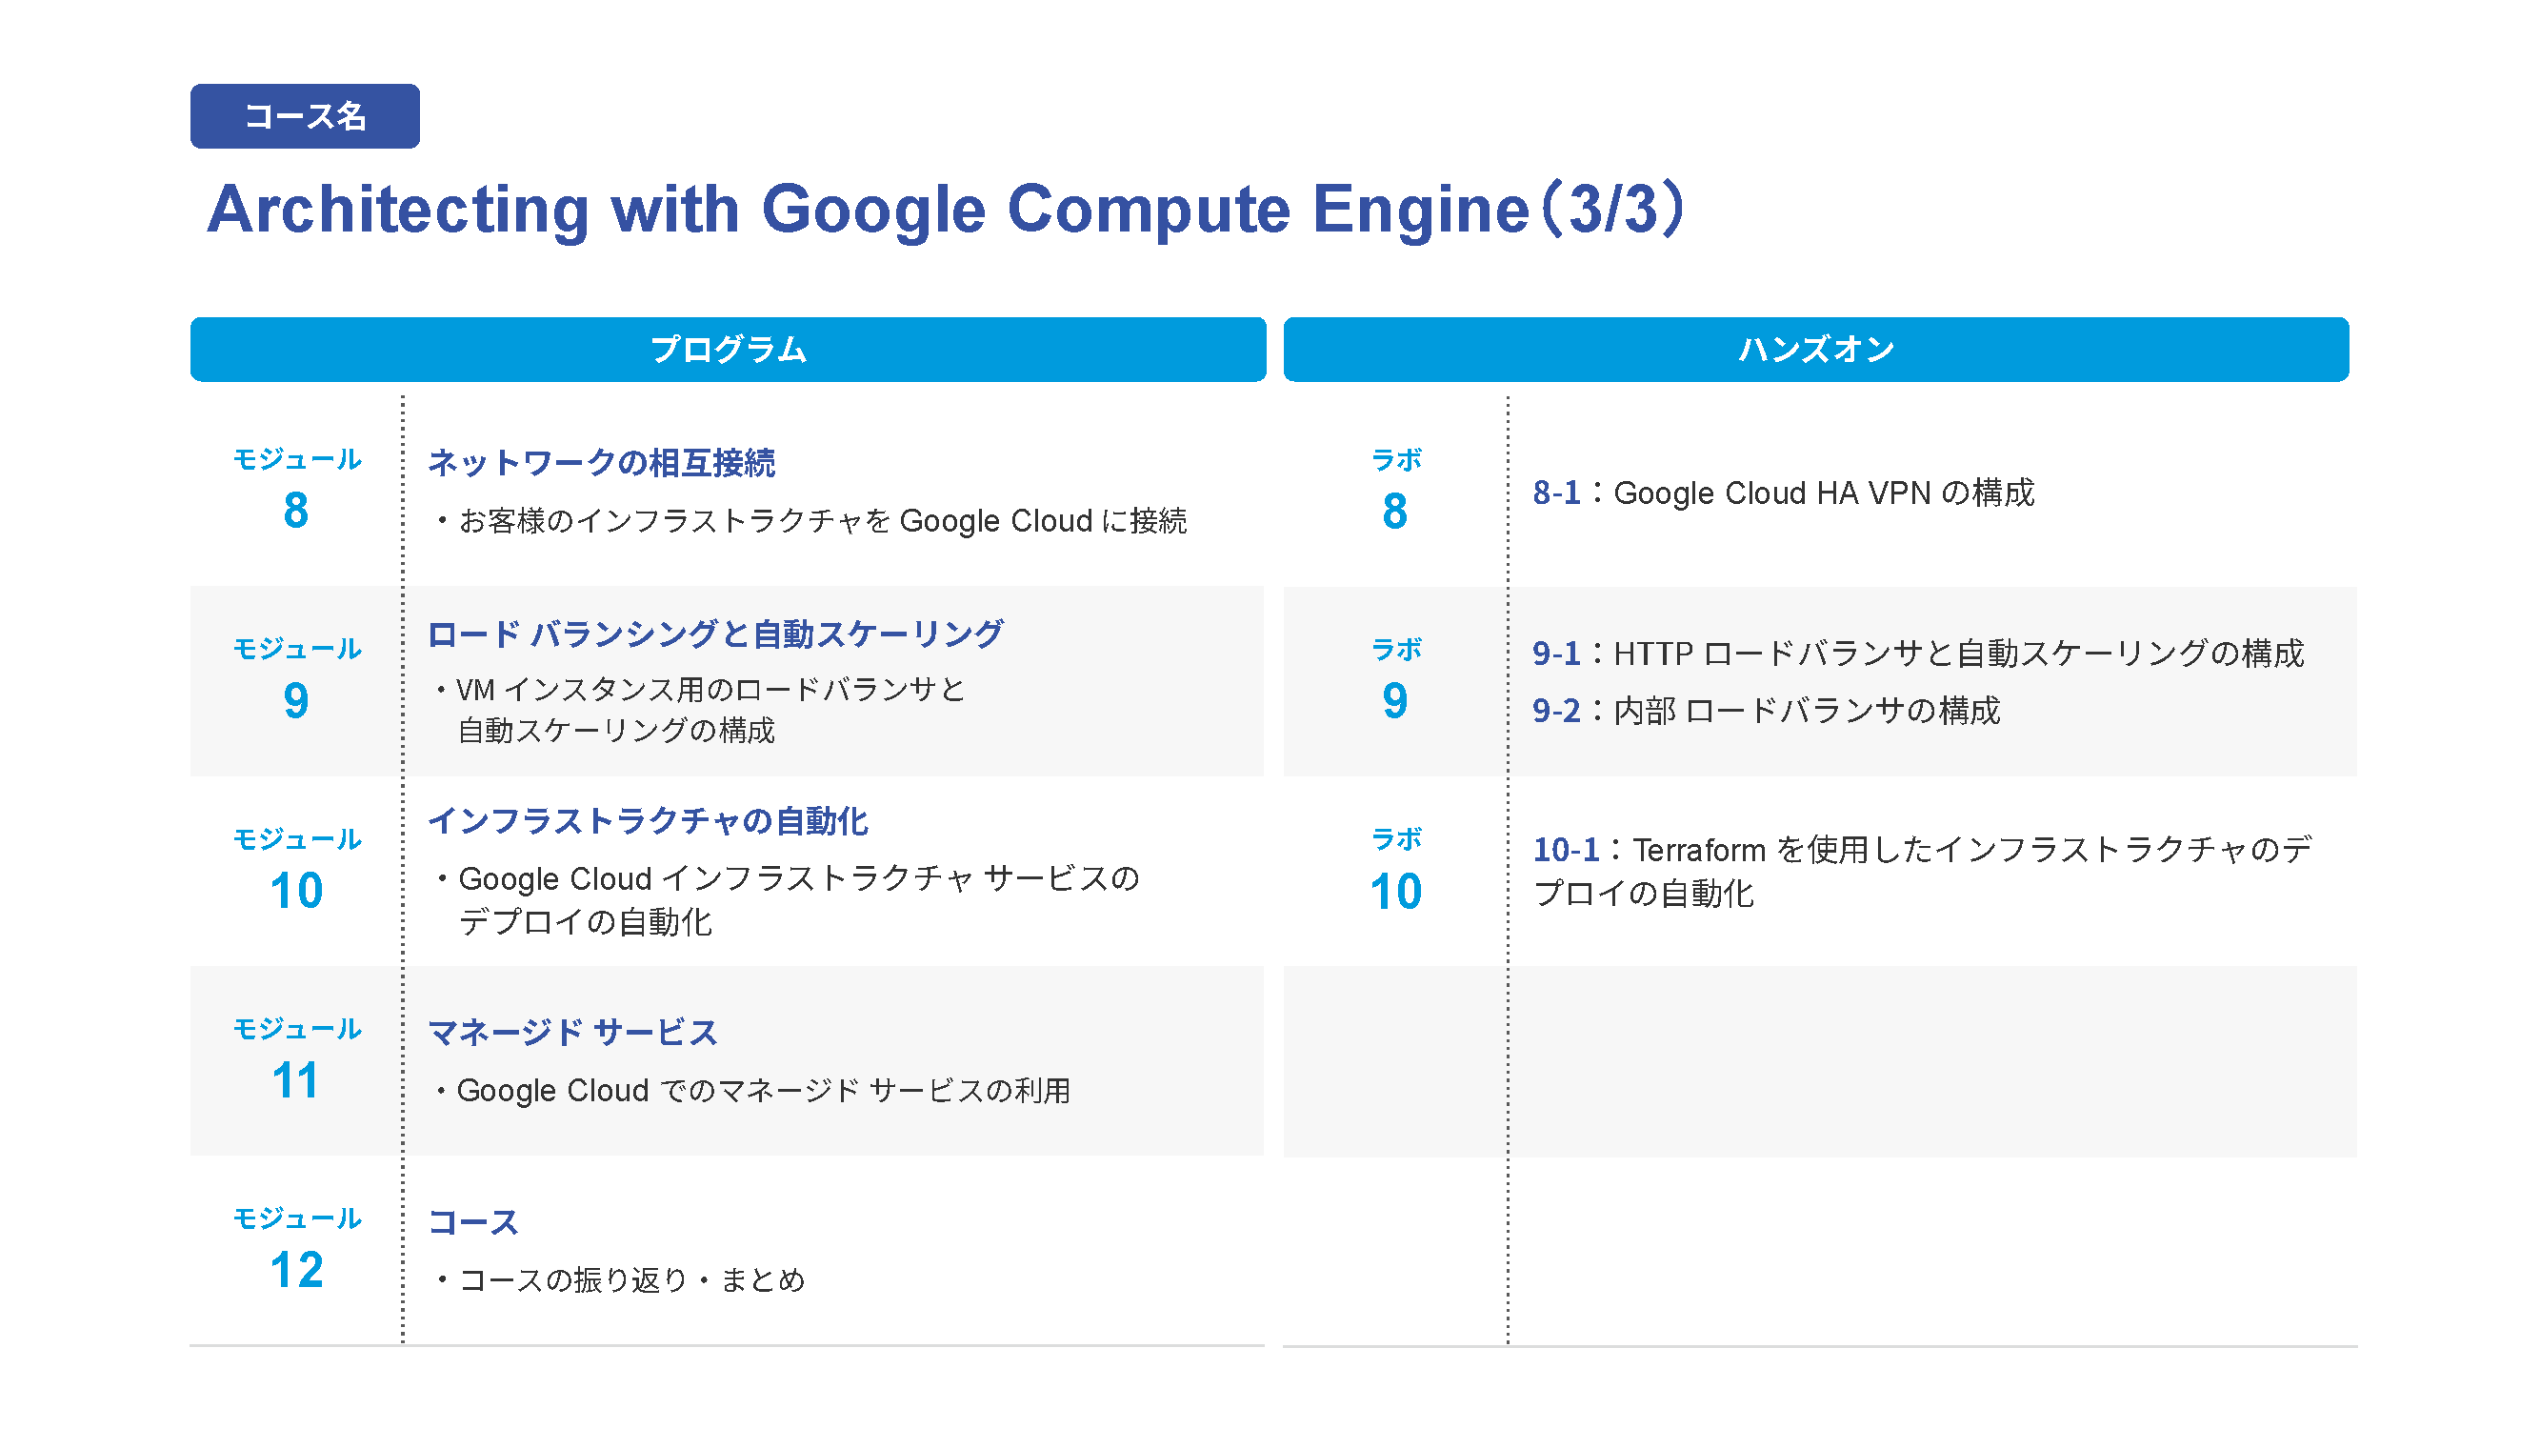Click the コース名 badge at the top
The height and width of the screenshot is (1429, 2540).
coord(305,116)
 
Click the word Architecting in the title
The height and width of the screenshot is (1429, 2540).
coord(398,210)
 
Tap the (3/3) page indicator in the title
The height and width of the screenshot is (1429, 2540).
coord(1613,209)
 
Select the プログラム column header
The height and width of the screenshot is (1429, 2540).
coord(728,349)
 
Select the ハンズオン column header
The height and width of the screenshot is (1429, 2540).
coord(1816,349)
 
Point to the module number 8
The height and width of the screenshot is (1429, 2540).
coord(296,511)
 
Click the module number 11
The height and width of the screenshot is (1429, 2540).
coord(296,1081)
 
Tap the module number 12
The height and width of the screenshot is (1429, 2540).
coord(296,1270)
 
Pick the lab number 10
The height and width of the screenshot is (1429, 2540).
coord(1395,892)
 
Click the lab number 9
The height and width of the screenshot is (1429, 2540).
coord(1395,701)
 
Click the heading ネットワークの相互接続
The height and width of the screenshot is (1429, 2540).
coord(602,463)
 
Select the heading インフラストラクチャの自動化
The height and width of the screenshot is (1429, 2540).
coord(648,821)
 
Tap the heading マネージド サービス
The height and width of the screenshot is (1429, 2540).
coord(573,1033)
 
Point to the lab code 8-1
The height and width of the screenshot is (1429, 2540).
coord(1556,493)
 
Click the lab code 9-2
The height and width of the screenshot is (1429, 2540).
coord(1556,711)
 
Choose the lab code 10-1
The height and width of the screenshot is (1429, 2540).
coord(1566,850)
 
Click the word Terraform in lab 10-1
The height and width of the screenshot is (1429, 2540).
coord(1699,850)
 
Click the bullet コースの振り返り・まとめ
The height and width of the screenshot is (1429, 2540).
coord(620,1280)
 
